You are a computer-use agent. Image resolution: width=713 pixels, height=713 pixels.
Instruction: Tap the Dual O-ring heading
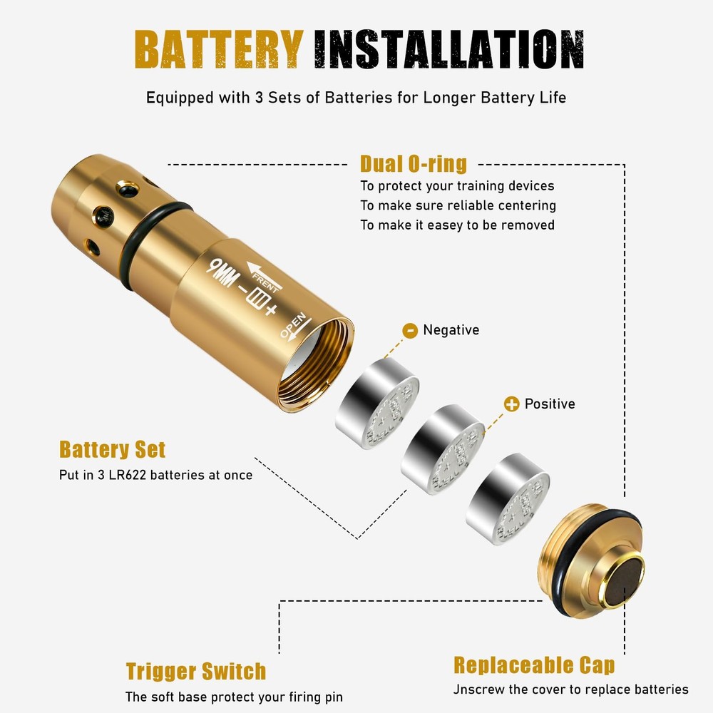click(x=413, y=164)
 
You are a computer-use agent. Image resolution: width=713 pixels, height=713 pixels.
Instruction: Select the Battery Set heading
click(x=112, y=450)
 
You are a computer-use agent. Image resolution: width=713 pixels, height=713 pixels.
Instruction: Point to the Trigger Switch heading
click(x=195, y=671)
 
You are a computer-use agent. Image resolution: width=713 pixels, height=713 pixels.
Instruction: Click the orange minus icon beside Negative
click(x=410, y=330)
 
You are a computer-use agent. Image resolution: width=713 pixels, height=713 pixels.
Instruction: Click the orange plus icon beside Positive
click(x=511, y=404)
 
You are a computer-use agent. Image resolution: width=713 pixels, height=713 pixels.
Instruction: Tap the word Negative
click(x=451, y=330)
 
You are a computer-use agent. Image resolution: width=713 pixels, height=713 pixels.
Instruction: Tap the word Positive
click(x=549, y=404)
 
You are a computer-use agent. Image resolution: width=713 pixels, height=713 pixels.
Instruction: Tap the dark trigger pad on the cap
click(x=623, y=579)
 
